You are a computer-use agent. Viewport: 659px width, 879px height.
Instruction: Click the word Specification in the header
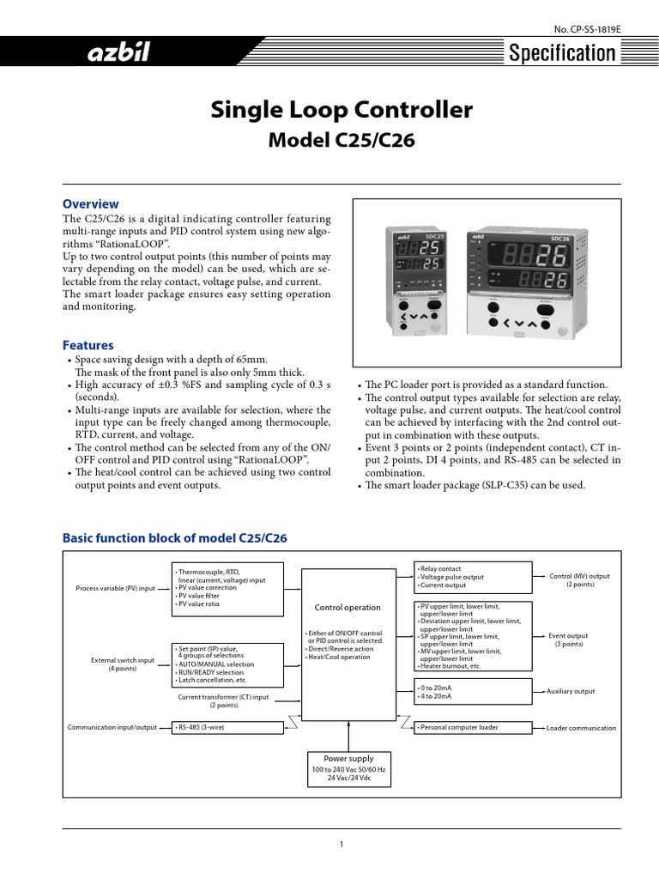pos(562,54)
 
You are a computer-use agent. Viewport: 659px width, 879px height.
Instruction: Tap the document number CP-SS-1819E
pos(586,28)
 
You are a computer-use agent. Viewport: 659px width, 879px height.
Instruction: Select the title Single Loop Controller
pos(341,110)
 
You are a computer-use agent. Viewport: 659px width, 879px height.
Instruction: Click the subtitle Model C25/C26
pos(341,141)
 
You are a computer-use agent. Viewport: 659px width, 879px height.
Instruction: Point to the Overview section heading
pos(91,204)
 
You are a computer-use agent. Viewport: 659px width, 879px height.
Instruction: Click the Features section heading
pos(88,345)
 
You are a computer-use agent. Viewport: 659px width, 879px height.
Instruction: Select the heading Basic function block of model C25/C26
pos(175,538)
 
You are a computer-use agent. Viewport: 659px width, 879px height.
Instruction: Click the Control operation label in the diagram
pos(348,607)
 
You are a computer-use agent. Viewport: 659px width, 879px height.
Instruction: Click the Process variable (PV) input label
pos(116,589)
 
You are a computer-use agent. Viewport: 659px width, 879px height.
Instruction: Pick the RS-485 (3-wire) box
pos(227,727)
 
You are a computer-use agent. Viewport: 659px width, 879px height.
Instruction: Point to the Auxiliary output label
pos(570,691)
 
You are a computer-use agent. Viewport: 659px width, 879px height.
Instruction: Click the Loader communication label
pos(581,728)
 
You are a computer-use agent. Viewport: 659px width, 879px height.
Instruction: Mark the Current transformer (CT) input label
pos(223,700)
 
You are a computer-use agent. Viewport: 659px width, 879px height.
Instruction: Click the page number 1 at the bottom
pos(341,845)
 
